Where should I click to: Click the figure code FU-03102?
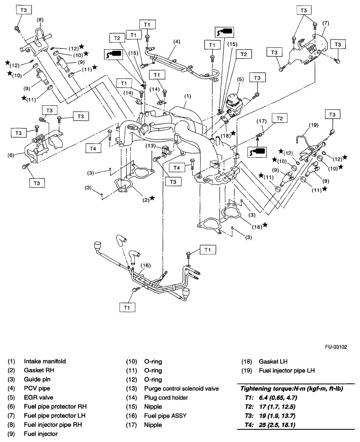point(338,348)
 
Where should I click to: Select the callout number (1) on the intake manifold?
point(187,96)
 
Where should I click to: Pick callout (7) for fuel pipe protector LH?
point(325,23)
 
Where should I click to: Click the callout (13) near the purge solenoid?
point(151,146)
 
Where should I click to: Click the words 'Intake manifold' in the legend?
point(45,361)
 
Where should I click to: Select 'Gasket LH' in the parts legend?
point(272,361)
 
